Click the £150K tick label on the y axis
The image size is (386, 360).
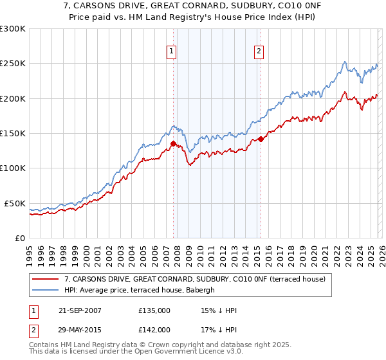coord(13,134)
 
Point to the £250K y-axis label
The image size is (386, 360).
coord(13,64)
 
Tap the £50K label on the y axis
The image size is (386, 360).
coord(15,203)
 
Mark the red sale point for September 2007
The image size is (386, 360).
coord(174,143)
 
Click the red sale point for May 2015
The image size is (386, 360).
coord(261,138)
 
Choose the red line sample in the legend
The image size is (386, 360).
coord(46,279)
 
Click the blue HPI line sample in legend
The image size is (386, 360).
coord(46,290)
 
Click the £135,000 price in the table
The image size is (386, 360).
coord(154,311)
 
